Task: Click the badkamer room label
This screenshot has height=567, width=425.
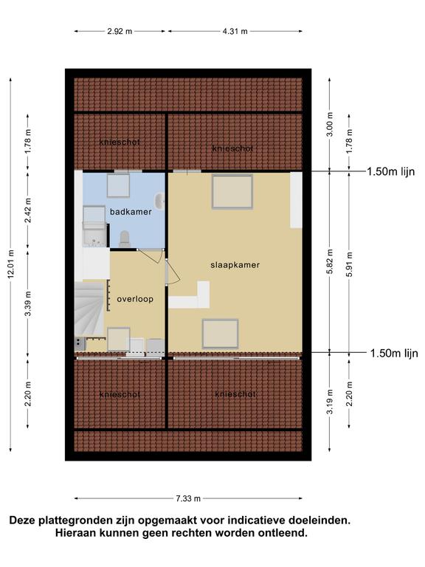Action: (x=131, y=212)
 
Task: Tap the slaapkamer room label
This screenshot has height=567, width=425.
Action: (x=235, y=265)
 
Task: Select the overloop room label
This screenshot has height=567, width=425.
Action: (x=135, y=300)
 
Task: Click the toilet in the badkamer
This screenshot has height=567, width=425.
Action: (x=125, y=238)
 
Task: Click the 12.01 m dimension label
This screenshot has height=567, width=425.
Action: (x=10, y=265)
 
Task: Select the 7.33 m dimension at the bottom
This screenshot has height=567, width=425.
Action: (x=188, y=498)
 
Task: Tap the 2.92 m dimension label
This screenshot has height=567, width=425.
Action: (x=120, y=32)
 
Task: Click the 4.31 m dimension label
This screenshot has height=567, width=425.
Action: (x=235, y=32)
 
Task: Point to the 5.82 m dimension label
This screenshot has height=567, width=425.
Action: (x=330, y=261)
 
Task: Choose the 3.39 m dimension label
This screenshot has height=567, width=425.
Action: (x=28, y=303)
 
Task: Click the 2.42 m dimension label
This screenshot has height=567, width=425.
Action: (x=28, y=210)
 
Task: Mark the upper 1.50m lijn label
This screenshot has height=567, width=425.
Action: (x=390, y=171)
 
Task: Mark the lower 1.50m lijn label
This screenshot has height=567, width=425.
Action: (x=394, y=353)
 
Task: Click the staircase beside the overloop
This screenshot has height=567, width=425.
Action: (x=89, y=309)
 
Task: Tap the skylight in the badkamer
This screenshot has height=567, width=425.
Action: (x=118, y=185)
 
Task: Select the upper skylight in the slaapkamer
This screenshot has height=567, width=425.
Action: (x=232, y=192)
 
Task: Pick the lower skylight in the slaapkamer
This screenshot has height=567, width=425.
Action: (x=220, y=334)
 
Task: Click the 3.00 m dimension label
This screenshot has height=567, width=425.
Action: (x=330, y=125)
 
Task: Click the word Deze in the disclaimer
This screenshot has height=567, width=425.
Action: (x=22, y=520)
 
